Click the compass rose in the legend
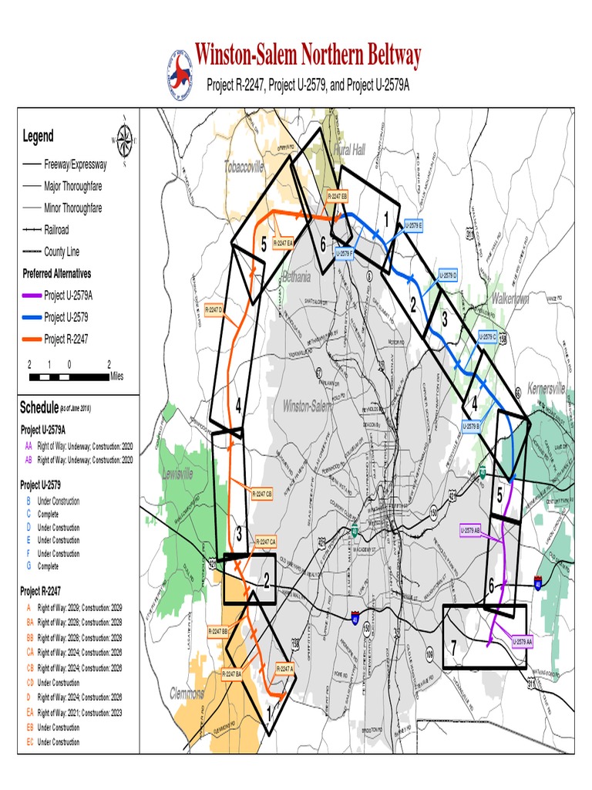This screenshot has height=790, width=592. (x=123, y=140)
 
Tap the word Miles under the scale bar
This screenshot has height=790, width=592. (x=116, y=376)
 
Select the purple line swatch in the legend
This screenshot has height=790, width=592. (x=31, y=295)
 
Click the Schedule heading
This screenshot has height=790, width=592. (x=39, y=407)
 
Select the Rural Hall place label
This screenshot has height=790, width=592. (x=349, y=150)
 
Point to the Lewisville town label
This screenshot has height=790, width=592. (x=178, y=475)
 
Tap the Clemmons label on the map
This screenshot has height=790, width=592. (x=187, y=692)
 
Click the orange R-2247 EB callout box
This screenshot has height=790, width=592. (x=338, y=197)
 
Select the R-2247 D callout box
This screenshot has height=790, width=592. (x=214, y=309)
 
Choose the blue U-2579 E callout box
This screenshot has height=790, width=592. (x=413, y=225)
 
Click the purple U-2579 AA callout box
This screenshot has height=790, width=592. (x=523, y=640)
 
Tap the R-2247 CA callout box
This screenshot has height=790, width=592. (x=264, y=542)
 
